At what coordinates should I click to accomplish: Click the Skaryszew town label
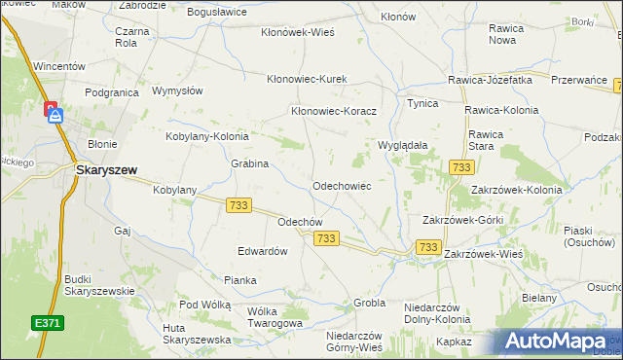107,168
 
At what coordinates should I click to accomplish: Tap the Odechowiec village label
341,185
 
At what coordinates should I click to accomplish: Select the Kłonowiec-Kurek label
308,79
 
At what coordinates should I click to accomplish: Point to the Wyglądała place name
403,145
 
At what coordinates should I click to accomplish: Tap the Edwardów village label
263,251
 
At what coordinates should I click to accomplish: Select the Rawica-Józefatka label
490,80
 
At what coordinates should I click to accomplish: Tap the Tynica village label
422,103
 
